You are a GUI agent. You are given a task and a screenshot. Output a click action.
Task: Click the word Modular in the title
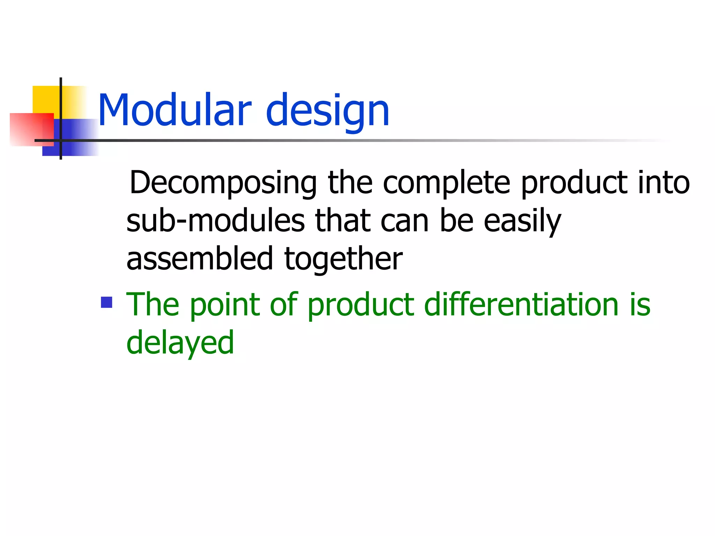point(175,110)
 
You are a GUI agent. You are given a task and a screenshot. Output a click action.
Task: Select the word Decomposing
point(223,183)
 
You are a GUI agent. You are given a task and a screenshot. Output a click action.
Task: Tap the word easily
point(522,222)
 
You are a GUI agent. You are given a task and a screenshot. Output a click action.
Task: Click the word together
point(344,259)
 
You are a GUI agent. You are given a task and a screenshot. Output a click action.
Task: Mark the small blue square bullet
point(106,302)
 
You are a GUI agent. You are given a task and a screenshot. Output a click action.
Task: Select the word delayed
point(180,343)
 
